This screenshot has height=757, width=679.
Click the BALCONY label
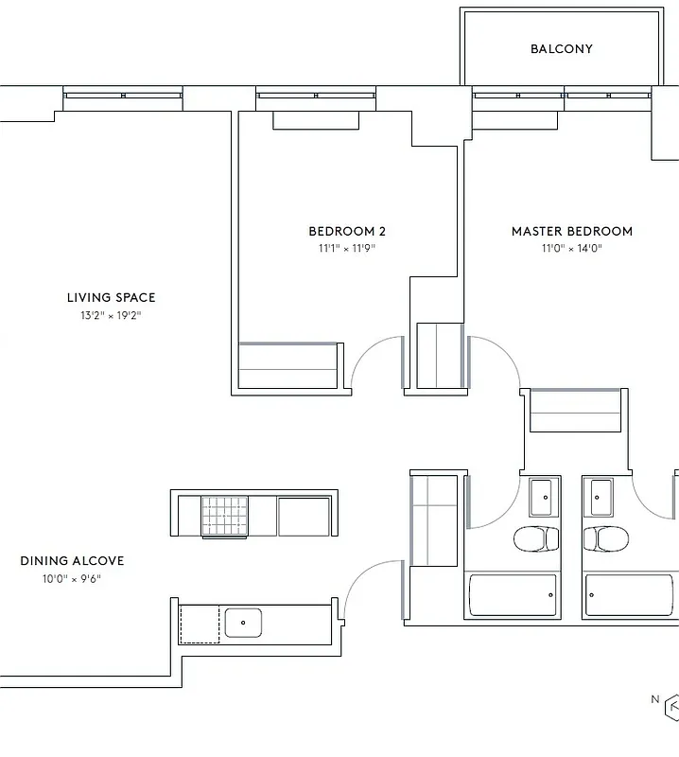pos(562,49)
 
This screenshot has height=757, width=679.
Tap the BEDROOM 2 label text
pos(347,231)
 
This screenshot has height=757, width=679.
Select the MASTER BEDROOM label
pos(572,231)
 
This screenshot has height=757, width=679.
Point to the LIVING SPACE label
pos(112,298)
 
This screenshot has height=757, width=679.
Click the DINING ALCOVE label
pos(72,561)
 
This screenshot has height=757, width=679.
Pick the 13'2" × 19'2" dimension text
pos(112,316)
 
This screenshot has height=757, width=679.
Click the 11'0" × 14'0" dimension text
pos(572,249)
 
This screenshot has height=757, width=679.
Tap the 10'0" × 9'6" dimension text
pos(72,579)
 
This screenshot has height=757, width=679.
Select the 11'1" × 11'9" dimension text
pos(347,249)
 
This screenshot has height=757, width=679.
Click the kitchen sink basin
pos(243,623)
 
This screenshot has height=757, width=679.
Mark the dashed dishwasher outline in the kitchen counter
pos(200,625)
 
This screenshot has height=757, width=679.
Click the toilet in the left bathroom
pos(535,540)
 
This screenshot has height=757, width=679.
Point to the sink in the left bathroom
pos(542,493)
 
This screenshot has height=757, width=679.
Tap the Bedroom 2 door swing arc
pos(374,360)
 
